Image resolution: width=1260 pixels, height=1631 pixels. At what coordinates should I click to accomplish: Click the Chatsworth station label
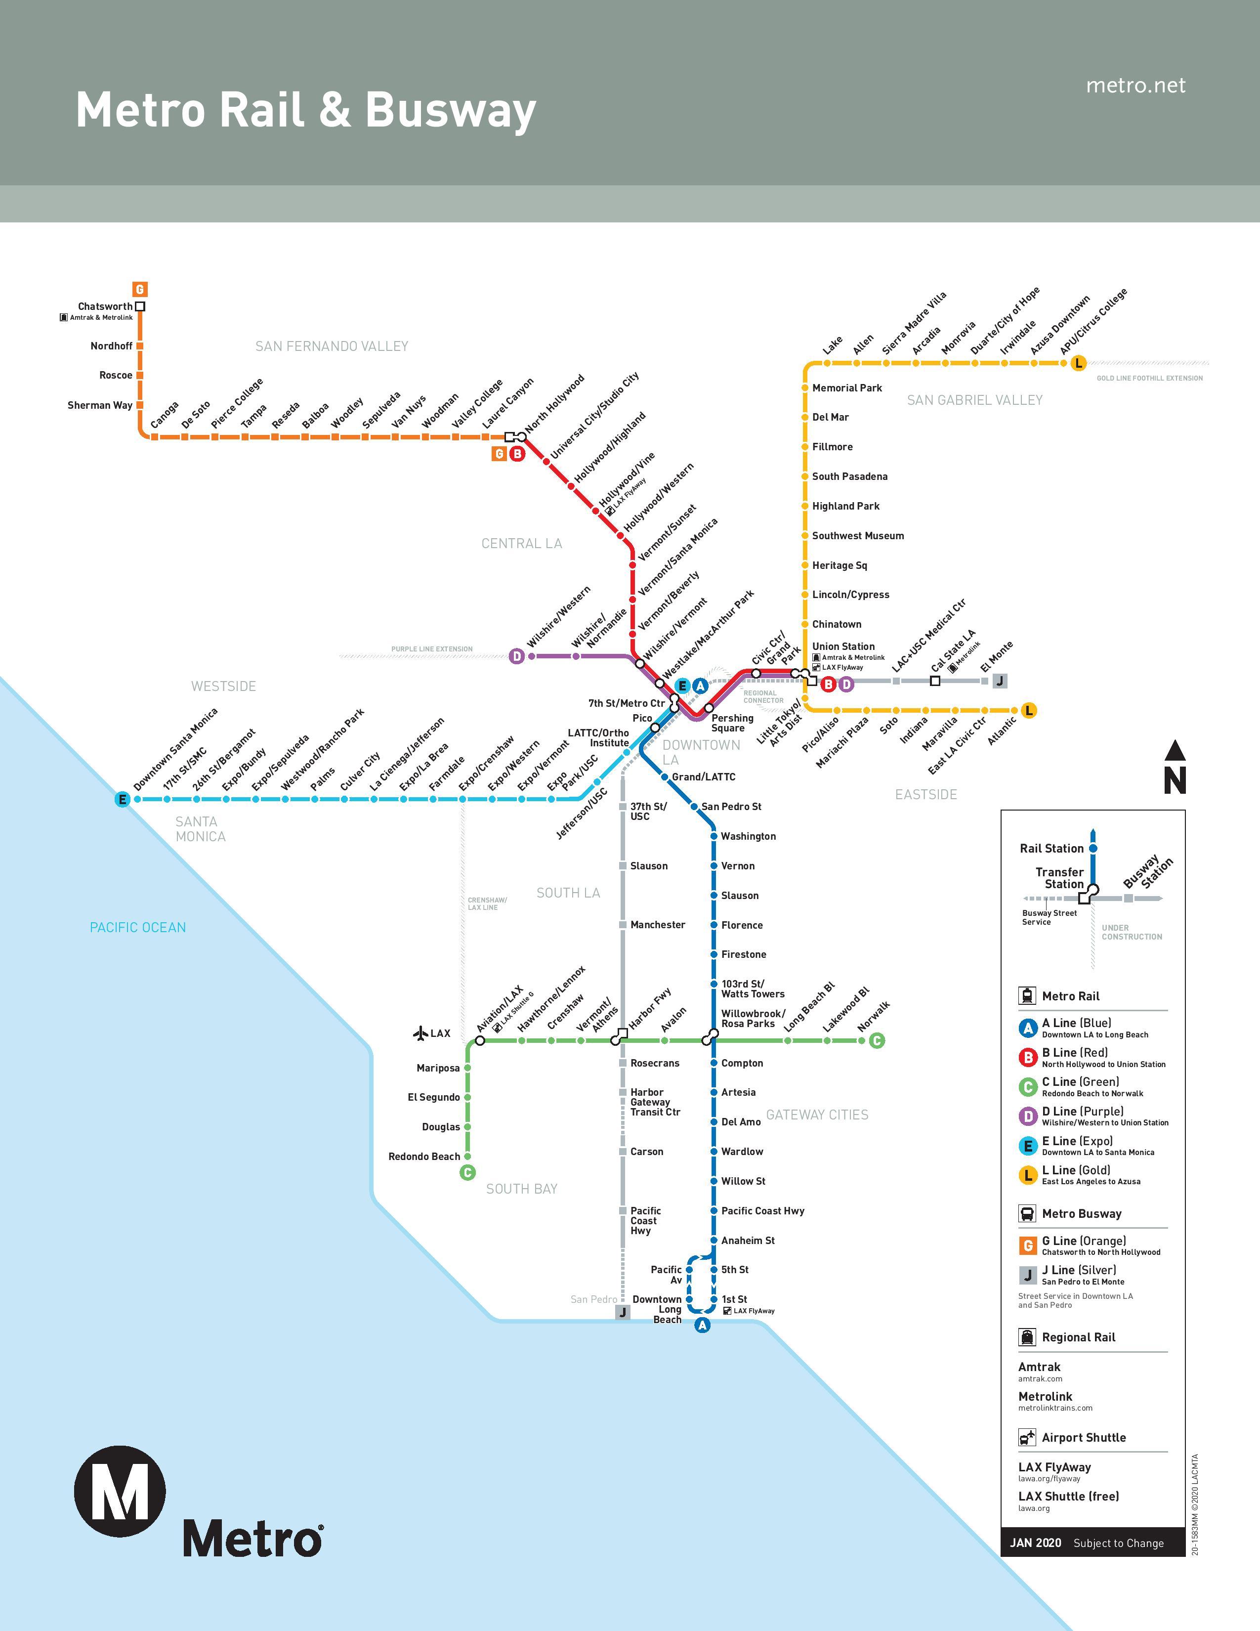[105, 306]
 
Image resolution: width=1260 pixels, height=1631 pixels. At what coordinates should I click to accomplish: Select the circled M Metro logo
[120, 1491]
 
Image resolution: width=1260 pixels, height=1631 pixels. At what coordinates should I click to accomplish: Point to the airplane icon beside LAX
[420, 1033]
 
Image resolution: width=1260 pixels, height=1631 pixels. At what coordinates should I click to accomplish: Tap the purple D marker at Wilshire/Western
[516, 656]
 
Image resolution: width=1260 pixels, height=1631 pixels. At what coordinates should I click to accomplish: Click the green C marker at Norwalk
[877, 1040]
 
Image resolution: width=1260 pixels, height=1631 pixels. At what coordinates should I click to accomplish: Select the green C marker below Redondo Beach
[468, 1172]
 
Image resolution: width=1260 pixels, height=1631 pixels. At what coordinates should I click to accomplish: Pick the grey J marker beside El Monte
[1000, 681]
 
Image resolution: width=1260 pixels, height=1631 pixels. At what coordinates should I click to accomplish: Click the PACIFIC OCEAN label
[138, 928]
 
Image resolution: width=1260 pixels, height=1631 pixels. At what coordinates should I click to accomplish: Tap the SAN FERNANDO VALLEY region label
[332, 346]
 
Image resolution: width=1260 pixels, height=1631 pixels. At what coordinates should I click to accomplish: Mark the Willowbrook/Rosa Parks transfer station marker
[710, 1038]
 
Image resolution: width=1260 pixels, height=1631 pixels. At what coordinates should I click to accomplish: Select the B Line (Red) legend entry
[1092, 1057]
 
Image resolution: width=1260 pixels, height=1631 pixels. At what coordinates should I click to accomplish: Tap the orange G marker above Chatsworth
[139, 289]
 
